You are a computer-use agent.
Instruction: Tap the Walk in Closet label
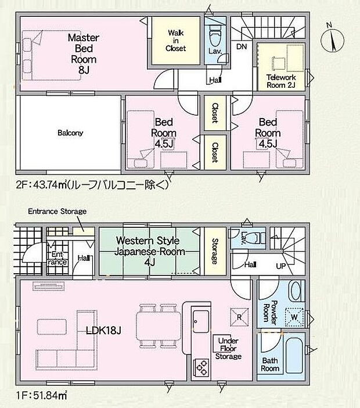click(175, 41)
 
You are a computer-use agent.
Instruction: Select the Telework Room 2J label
click(281, 81)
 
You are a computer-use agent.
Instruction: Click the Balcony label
click(70, 133)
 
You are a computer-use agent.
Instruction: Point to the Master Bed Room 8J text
click(84, 53)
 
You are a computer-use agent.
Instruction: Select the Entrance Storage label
click(57, 211)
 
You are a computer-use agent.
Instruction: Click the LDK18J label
click(104, 331)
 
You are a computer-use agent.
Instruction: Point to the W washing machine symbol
click(294, 317)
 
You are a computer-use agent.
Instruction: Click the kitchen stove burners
click(201, 367)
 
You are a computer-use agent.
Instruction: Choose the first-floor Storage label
click(214, 250)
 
